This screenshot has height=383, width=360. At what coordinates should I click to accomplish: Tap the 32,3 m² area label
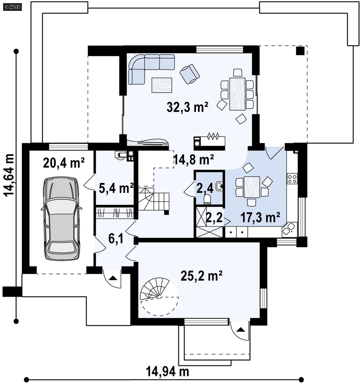pyautogui.click(x=187, y=107)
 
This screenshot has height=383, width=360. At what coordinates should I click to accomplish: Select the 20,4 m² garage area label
pyautogui.click(x=64, y=163)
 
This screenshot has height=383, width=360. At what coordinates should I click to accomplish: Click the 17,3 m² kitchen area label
pyautogui.click(x=260, y=217)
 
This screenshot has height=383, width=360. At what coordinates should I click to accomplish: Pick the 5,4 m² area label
pyautogui.click(x=116, y=188)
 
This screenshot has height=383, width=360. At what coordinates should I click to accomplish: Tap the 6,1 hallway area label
pyautogui.click(x=116, y=239)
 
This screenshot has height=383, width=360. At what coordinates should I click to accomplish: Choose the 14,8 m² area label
pyautogui.click(x=194, y=159)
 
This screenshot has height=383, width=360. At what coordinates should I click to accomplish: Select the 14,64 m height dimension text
pyautogui.click(x=9, y=175)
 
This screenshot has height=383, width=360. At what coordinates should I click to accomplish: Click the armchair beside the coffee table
pyautogui.click(x=190, y=74)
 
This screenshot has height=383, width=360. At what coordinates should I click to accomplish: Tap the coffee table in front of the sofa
pyautogui.click(x=162, y=85)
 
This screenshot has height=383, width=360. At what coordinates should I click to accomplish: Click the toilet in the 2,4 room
pyautogui.click(x=207, y=199)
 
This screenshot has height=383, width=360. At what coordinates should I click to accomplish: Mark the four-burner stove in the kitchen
pyautogui.click(x=292, y=179)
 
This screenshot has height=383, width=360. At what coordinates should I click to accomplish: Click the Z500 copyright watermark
pyautogui.click(x=12, y=7)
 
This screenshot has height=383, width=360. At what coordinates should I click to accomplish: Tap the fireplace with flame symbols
pyautogui.click(x=209, y=141)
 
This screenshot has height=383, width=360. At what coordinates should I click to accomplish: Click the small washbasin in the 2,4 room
pyautogui.click(x=219, y=186)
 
